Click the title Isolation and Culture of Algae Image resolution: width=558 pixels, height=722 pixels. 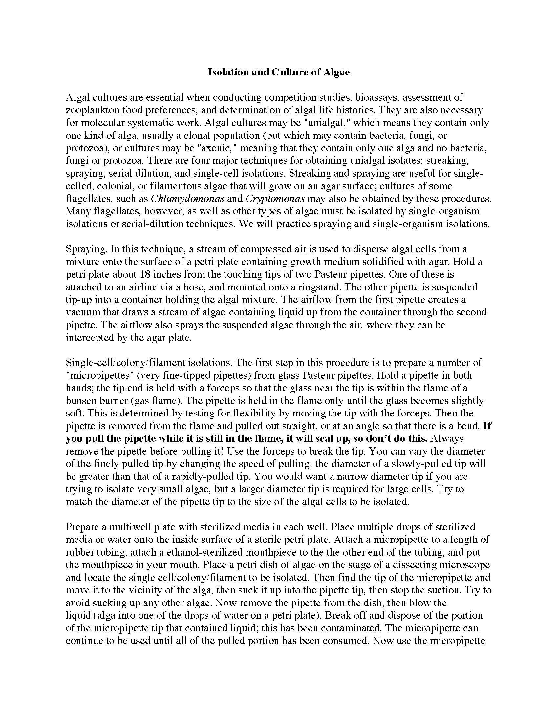pos(279,73)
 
